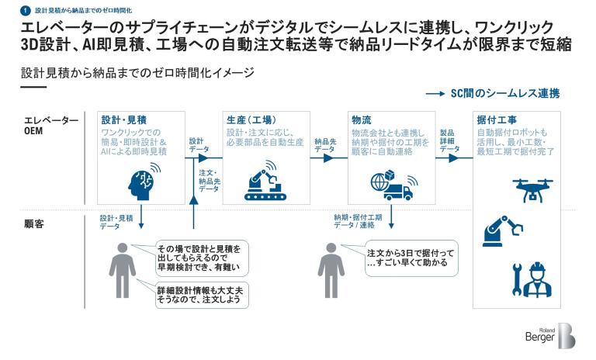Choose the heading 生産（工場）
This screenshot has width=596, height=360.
point(250,120)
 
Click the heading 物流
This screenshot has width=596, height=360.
point(361,120)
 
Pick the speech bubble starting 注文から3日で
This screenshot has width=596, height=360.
point(411,259)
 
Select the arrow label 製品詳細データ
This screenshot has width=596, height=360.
point(450,140)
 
